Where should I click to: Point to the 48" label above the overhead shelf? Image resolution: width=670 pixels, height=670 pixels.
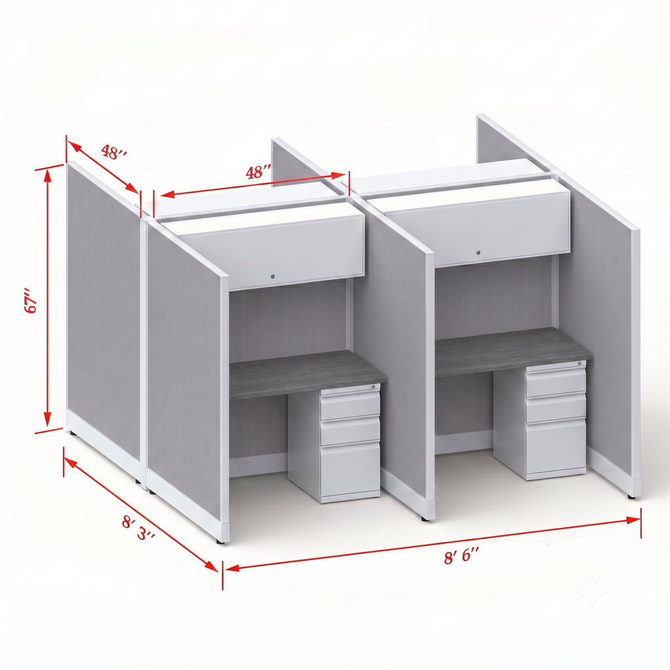coord(259,172)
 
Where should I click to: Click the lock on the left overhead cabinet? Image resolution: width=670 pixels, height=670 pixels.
coord(273,276)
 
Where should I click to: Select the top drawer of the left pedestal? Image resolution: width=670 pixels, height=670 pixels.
coord(350,406)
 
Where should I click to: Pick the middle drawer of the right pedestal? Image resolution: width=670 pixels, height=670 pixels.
coord(555,406)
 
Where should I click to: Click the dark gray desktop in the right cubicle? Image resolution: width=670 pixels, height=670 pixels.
coord(514,351)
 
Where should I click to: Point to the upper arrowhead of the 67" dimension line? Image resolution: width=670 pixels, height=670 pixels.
coord(47,175)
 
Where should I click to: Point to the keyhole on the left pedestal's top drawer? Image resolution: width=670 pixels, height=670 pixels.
coord(374,386)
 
